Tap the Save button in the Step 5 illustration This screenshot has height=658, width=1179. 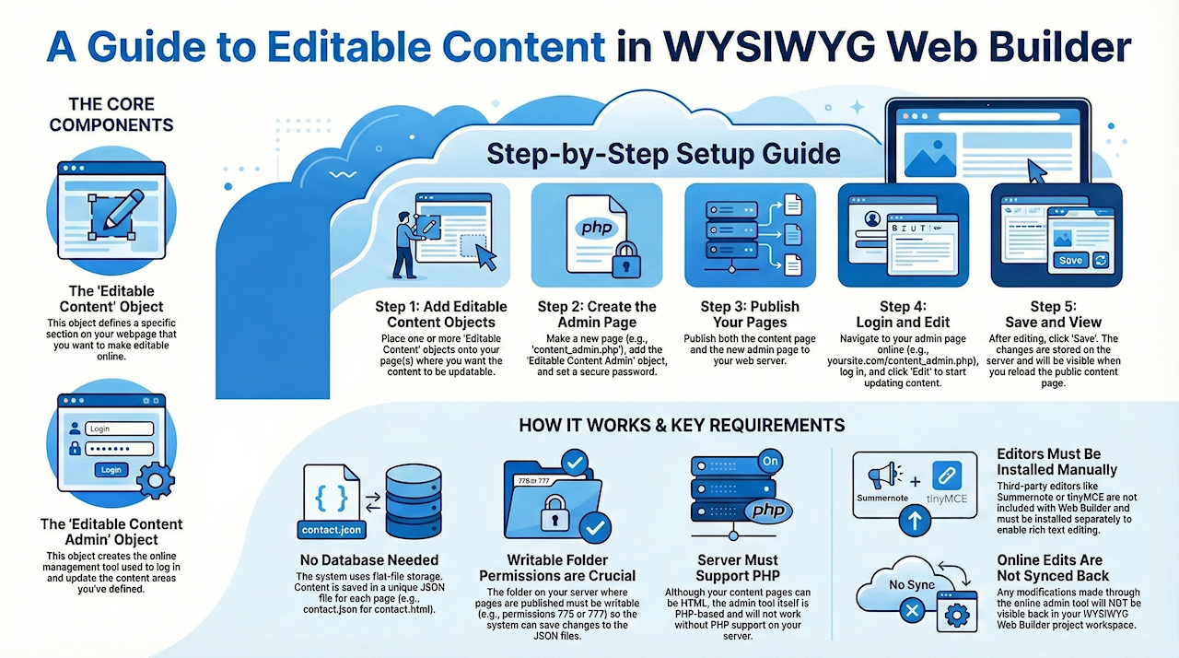[1070, 260]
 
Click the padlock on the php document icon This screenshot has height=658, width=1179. [625, 261]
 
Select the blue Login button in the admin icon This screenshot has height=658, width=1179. [111, 470]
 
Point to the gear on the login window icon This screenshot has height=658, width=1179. [156, 480]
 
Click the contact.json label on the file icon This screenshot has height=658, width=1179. [332, 530]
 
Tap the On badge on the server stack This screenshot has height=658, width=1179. [770, 462]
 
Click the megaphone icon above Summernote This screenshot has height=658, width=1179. [883, 475]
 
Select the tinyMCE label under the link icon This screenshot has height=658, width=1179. [946, 499]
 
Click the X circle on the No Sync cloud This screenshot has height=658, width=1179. [912, 611]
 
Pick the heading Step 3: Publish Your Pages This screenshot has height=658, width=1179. [750, 314]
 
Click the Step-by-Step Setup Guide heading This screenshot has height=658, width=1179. [663, 154]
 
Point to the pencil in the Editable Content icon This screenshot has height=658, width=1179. [123, 209]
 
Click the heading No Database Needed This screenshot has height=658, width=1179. [369, 560]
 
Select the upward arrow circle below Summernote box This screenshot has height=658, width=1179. [915, 520]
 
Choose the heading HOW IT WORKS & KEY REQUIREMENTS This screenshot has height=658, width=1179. [682, 426]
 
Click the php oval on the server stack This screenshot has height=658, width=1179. [768, 510]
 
